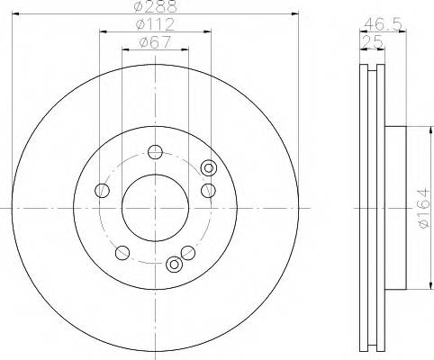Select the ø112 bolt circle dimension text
click(x=156, y=25)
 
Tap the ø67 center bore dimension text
click(x=155, y=41)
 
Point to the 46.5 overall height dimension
click(x=381, y=25)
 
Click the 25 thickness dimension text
click(x=369, y=41)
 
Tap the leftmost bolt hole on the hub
click(x=103, y=190)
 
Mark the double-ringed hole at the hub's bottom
click(x=175, y=265)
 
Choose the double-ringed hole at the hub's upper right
click(x=210, y=167)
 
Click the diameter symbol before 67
click(x=143, y=41)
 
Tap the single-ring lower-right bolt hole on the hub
click(x=187, y=251)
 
